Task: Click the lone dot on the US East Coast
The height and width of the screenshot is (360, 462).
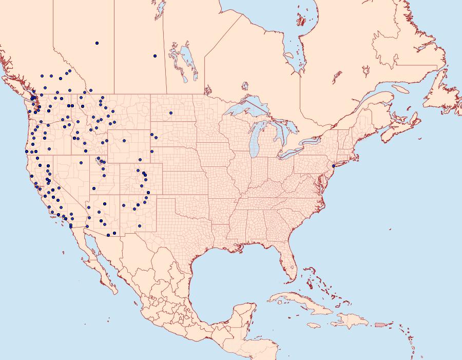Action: point(334,166)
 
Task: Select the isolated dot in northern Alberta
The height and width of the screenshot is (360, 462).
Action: point(97,43)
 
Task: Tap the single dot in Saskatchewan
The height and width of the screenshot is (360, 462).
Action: point(155,56)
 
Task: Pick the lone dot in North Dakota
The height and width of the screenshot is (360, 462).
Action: point(171,113)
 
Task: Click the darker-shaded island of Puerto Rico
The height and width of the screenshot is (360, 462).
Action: point(380,324)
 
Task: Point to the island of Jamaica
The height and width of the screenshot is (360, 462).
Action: point(315,326)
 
